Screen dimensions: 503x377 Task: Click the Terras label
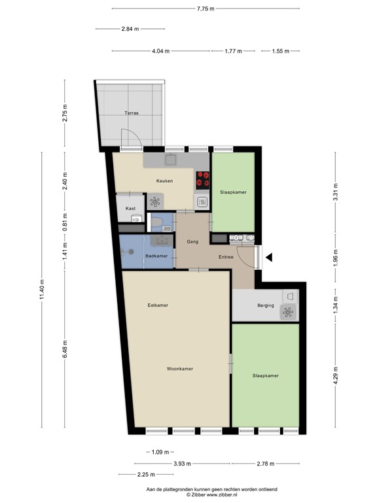132,113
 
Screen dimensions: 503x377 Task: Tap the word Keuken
164,181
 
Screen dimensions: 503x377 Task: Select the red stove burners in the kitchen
202,177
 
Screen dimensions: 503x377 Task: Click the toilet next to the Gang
157,223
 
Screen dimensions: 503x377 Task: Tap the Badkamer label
156,256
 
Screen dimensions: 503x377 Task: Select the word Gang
192,242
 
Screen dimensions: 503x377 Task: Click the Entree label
226,257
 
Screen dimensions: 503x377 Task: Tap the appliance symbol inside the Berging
287,312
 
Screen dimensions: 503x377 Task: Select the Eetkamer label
158,305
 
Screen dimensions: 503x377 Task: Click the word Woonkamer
179,369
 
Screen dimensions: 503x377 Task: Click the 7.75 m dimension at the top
206,9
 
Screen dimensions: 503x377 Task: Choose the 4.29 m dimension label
336,377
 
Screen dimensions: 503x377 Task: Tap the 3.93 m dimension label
182,464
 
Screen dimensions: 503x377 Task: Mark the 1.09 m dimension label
160,452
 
